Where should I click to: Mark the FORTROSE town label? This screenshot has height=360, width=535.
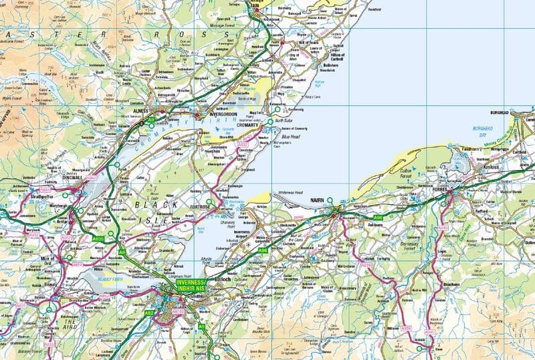(x=201, y=207)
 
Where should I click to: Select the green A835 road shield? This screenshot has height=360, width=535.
(x=98, y=238)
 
